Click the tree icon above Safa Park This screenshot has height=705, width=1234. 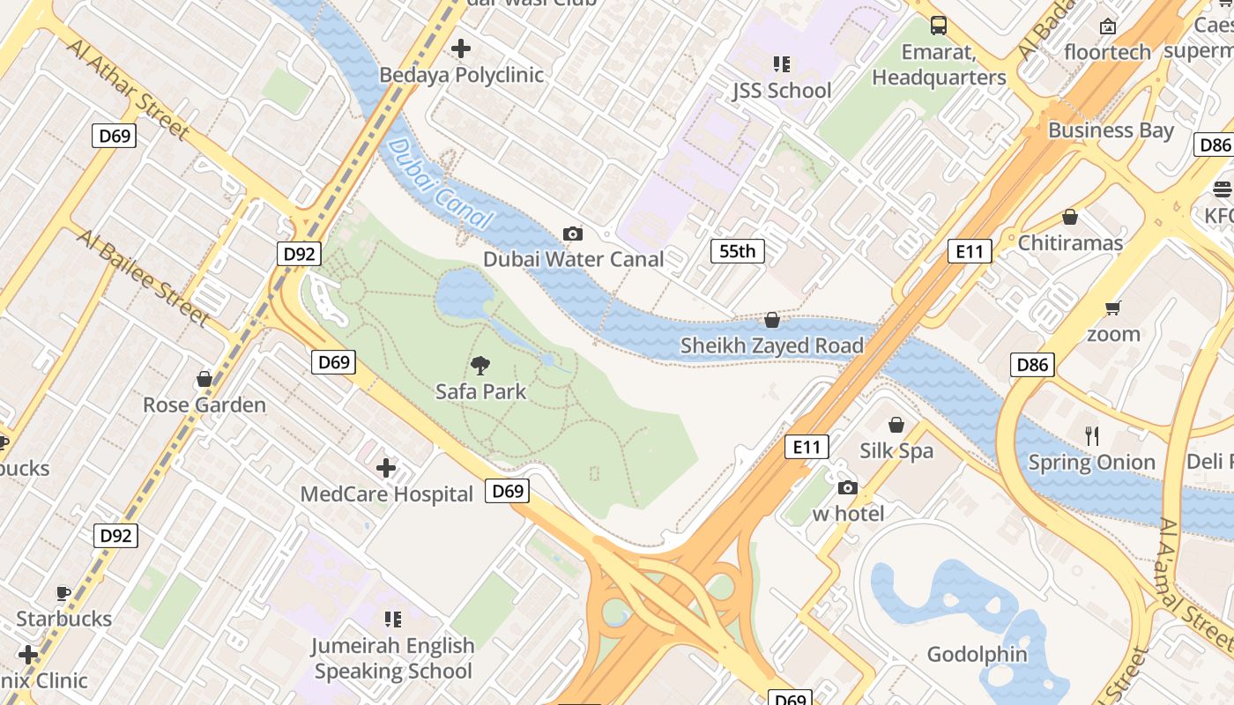(x=480, y=365)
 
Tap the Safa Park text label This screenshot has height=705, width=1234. (x=480, y=391)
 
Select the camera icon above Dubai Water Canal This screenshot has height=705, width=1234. (x=573, y=234)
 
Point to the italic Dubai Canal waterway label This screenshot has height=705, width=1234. (x=438, y=184)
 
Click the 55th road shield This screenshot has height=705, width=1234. (x=737, y=251)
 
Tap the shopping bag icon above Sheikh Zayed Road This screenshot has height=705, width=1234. (x=772, y=320)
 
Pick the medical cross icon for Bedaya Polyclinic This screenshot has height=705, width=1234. (x=461, y=48)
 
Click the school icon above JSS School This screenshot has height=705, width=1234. (x=781, y=64)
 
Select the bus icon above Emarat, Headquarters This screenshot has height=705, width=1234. (x=939, y=26)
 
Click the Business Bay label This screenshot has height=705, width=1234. (x=1111, y=130)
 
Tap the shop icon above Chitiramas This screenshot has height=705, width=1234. (x=1070, y=217)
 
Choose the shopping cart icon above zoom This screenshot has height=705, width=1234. (x=1113, y=308)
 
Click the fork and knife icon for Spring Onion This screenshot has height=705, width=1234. (x=1092, y=435)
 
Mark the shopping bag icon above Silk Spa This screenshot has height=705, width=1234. (x=896, y=425)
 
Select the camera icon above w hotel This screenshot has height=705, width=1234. (x=847, y=487)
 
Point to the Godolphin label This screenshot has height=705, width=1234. (x=977, y=654)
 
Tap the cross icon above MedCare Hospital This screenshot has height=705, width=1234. (x=386, y=468)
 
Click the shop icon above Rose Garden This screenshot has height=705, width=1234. (x=204, y=379)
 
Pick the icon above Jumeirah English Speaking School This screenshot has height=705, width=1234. (x=393, y=620)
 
